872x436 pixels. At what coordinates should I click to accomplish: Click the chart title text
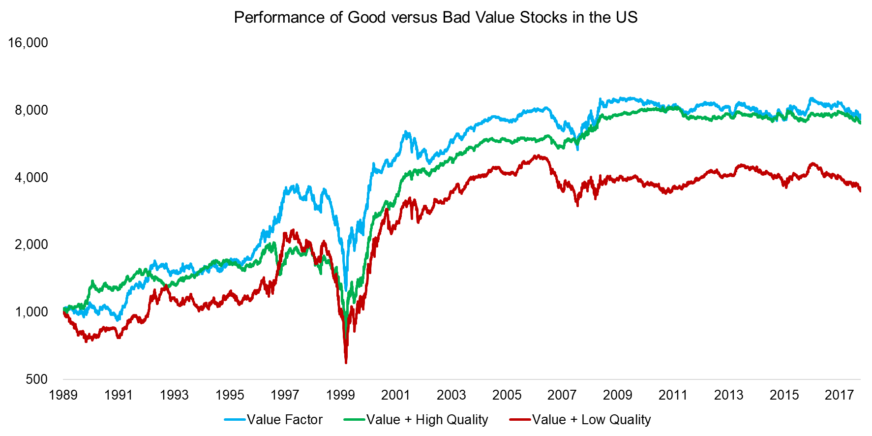pos(435,17)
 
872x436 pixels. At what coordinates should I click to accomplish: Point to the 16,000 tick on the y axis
pos(28,43)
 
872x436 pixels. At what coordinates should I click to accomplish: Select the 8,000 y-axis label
pos(31,110)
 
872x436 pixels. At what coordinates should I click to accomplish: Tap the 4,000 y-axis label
pos(31,178)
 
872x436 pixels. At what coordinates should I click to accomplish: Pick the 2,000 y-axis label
pos(31,245)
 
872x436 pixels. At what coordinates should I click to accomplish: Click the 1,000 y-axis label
pos(31,312)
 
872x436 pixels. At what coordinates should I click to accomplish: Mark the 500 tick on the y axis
pos(37,379)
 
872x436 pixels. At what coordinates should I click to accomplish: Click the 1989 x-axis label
pos(63,395)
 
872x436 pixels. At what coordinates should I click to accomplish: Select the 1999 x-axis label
pos(340,395)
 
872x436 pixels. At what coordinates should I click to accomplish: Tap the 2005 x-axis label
pos(507,395)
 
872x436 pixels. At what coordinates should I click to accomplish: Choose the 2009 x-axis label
pos(618,395)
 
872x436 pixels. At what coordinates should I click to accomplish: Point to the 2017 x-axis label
pos(839,395)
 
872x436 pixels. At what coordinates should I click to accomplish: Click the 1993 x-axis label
pos(174,395)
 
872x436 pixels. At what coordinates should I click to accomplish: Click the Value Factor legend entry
pos(284,420)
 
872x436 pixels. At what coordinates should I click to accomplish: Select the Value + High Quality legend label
pos(427,420)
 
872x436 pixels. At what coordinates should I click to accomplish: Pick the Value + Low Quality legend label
pos(591,420)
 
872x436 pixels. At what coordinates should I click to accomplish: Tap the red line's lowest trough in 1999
pos(346,362)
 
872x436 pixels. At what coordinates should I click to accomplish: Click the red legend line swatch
pos(520,420)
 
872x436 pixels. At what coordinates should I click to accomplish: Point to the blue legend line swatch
pos(235,420)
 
